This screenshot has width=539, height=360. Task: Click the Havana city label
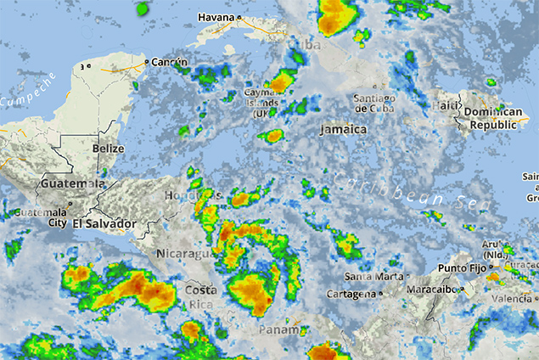216,17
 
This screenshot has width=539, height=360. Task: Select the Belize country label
109,149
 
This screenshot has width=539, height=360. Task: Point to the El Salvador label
104,223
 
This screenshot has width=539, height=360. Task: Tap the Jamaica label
344,129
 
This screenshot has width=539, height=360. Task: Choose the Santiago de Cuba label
375,104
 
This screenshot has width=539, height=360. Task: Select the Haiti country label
445,105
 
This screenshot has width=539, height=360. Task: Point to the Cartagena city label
351,294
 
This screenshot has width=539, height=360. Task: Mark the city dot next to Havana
239,18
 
